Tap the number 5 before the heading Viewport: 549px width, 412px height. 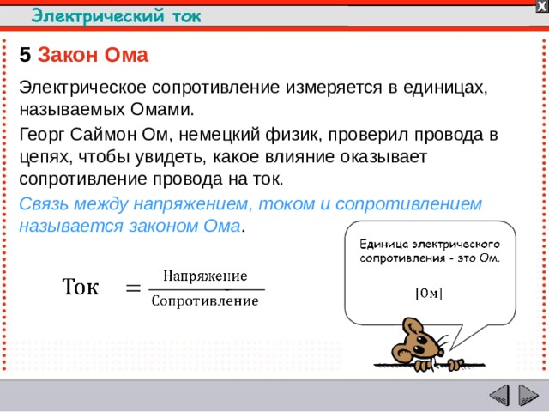[x=25, y=56]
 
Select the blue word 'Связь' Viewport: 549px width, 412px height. [x=41, y=204]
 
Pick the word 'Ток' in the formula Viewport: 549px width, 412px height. [x=79, y=287]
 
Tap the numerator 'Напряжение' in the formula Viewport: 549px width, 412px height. [x=205, y=276]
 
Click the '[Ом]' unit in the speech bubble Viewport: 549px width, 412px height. [x=429, y=292]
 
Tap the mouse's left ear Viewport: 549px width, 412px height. [x=410, y=327]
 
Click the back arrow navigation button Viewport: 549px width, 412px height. [x=499, y=397]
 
